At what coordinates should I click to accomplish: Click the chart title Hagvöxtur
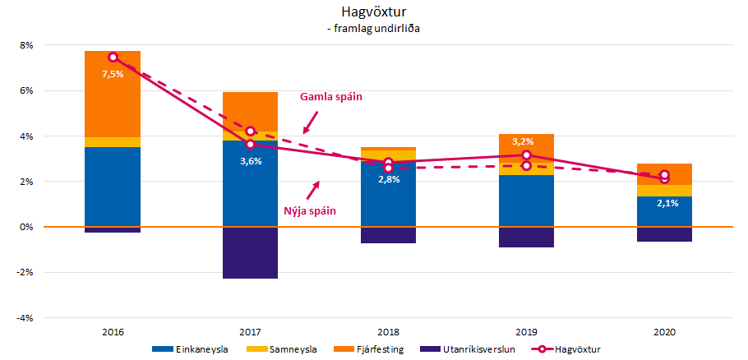pos(373,12)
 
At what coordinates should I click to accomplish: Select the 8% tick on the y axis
pos(25,46)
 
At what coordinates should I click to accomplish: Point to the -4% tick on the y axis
pos(25,317)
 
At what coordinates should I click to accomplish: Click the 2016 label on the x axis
pos(113,332)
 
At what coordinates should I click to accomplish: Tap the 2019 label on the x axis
pos(526,332)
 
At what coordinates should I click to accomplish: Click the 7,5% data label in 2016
pos(113,74)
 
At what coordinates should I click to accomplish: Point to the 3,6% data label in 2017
pos(251,161)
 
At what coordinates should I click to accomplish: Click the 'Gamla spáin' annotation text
pos(330,97)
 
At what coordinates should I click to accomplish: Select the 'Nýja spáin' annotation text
pos(310,211)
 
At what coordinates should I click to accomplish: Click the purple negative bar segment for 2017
pos(250,252)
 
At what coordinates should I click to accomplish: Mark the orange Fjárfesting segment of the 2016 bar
pos(113,95)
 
